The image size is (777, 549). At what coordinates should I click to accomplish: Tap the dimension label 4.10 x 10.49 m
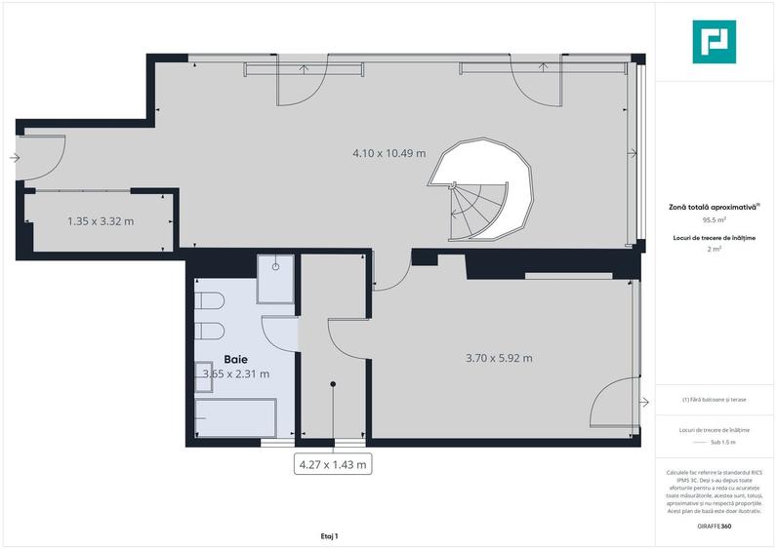[389, 153]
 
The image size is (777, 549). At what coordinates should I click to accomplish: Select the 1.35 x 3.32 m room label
[101, 221]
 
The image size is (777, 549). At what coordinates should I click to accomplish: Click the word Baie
[234, 359]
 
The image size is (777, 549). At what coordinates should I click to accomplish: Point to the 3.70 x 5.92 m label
[499, 358]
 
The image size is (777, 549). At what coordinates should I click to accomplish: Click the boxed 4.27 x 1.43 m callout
[333, 464]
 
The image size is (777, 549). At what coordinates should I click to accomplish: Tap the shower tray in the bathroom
[276, 280]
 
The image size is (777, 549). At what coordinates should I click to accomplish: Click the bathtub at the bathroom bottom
[235, 417]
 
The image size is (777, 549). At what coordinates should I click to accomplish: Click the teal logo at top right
[714, 42]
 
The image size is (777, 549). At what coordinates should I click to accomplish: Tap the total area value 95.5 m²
[715, 220]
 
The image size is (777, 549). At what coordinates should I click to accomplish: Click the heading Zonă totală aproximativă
[714, 207]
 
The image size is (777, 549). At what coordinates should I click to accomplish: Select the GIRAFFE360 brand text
[715, 527]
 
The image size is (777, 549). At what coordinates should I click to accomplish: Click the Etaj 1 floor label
[328, 536]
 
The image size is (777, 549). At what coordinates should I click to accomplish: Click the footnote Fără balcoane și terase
[715, 400]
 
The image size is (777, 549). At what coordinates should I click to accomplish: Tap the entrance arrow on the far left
[13, 157]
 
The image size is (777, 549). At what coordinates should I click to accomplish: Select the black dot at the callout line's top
[333, 384]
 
